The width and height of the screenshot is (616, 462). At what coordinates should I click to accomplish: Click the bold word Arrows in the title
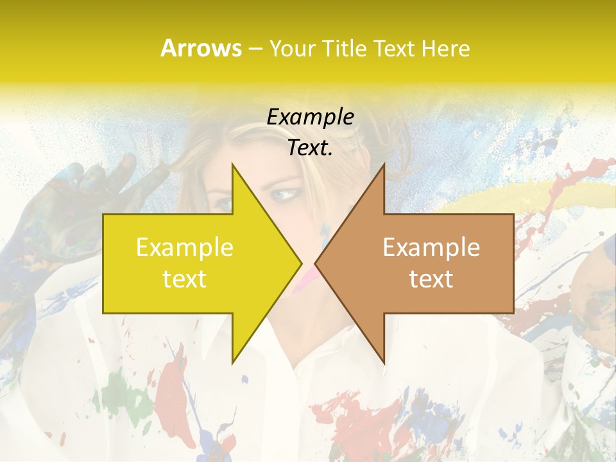coord(201,48)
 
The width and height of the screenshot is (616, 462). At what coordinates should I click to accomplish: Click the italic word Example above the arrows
coord(311,117)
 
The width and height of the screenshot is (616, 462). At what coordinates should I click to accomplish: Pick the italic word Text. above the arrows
coord(311,148)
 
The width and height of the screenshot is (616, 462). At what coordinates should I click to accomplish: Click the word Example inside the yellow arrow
coord(185,248)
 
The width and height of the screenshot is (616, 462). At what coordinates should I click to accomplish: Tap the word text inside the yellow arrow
coord(185,279)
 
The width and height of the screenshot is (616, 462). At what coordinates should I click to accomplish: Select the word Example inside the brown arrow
coord(431,248)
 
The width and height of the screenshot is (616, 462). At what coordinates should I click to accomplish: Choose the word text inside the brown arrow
coord(431,279)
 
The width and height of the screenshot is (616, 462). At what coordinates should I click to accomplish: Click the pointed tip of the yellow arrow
coord(302,263)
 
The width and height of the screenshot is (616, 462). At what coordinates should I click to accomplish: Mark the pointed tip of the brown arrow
coord(315,263)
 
